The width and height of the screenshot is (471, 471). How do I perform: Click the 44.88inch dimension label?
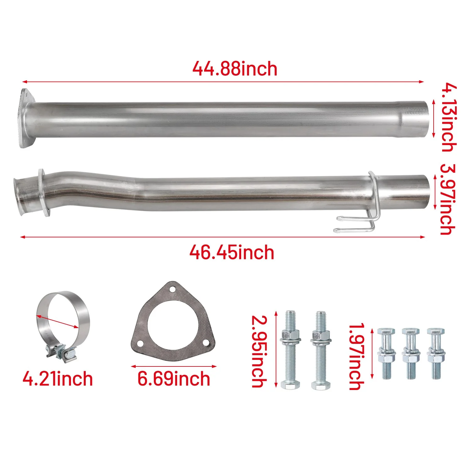pyautogui.click(x=235, y=69)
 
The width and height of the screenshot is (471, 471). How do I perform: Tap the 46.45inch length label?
pyautogui.click(x=232, y=252)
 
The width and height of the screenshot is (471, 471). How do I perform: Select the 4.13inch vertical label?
pyautogui.click(x=449, y=118)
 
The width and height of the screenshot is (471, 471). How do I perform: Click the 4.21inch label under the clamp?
pyautogui.click(x=58, y=379)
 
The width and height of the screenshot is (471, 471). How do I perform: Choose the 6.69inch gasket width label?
pyautogui.click(x=174, y=379)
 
